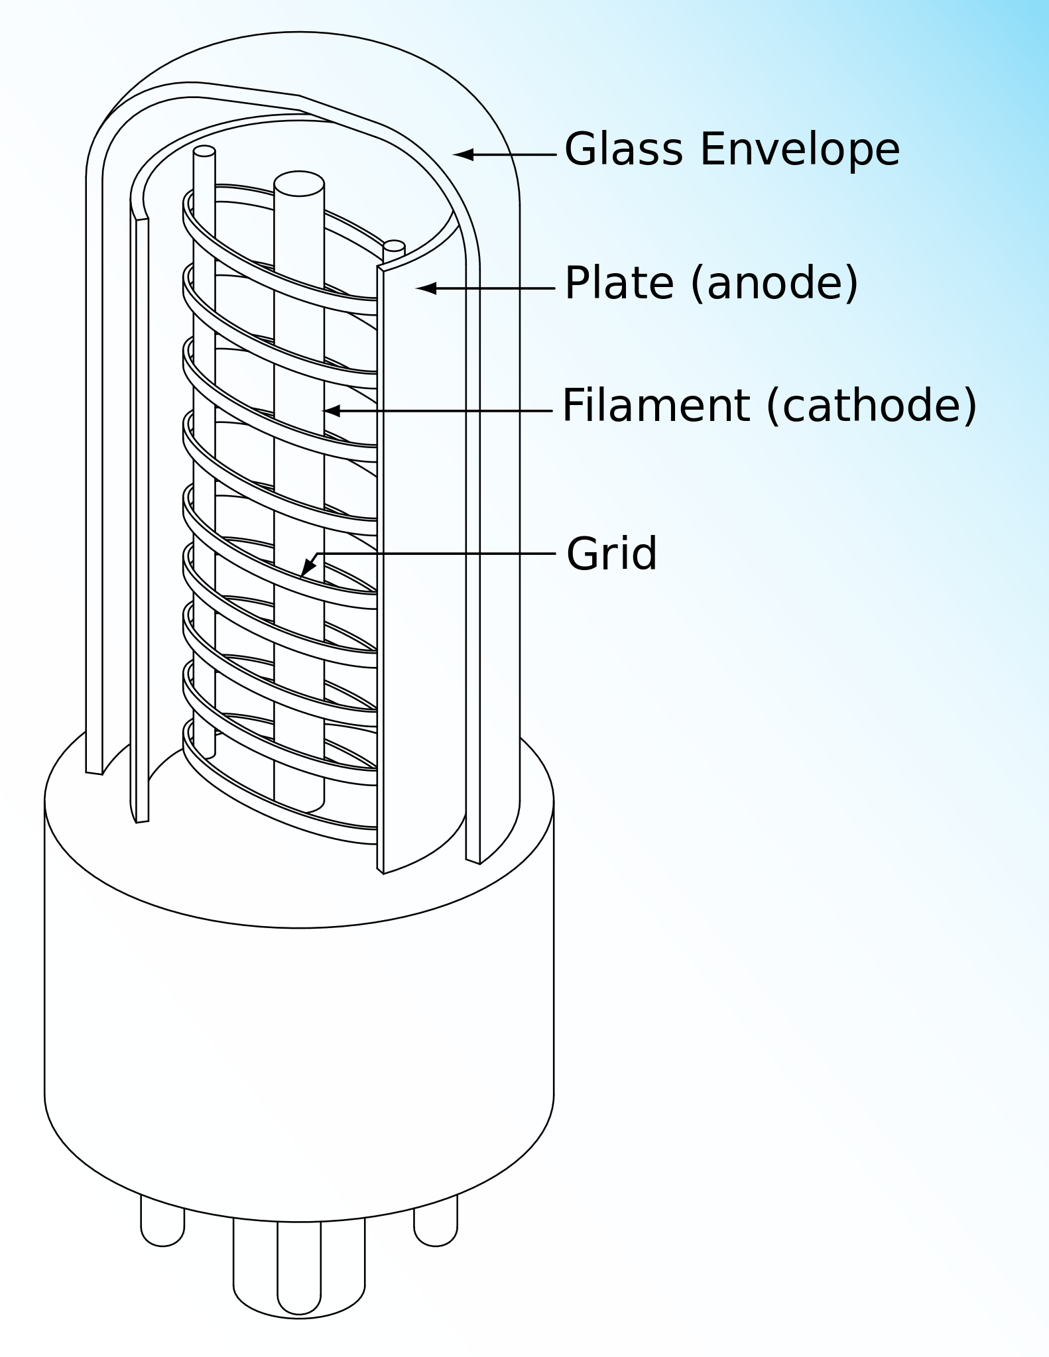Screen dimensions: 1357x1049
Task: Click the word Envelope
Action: click(x=800, y=150)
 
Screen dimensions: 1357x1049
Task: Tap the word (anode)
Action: click(x=774, y=284)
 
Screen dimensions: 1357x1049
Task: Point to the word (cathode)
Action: click(x=871, y=406)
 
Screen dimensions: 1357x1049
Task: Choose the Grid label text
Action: click(x=611, y=554)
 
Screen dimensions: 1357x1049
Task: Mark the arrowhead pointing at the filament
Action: click(x=332, y=411)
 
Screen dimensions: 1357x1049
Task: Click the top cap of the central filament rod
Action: click(x=299, y=184)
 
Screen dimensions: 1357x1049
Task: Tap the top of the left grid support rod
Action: click(x=204, y=151)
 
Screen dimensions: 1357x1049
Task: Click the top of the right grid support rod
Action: click(x=394, y=246)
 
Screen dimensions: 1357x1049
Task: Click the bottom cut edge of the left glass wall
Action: click(x=94, y=772)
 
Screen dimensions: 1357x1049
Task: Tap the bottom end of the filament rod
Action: click(x=300, y=803)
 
